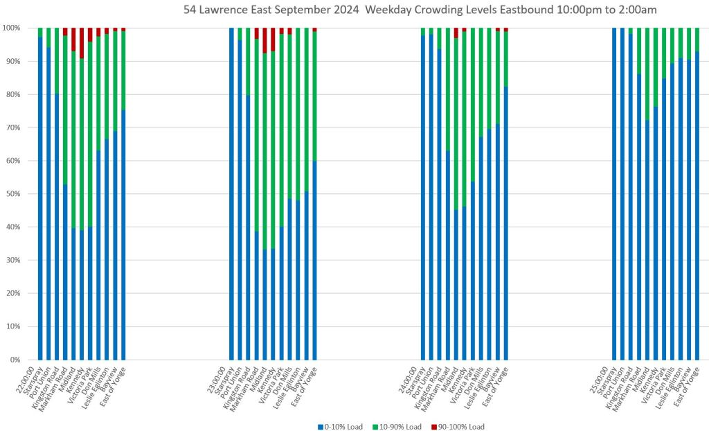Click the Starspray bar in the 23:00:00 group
231,194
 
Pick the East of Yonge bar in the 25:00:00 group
697,208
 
